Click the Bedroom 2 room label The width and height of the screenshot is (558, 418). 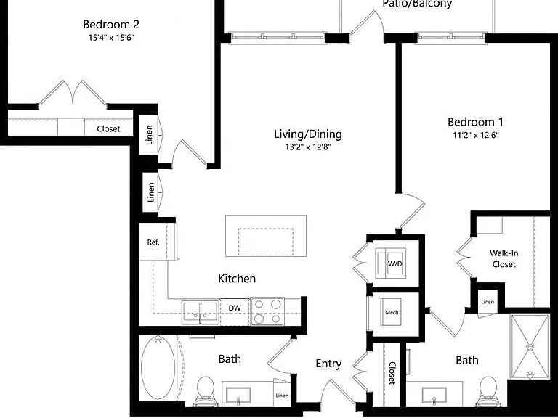(x=111, y=25)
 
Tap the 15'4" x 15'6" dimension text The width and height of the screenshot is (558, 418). (x=111, y=37)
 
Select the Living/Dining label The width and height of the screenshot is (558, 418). (x=308, y=134)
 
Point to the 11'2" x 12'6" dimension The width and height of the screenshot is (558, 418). (x=476, y=135)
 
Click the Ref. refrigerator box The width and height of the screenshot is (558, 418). (x=158, y=242)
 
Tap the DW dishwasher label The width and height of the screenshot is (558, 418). (x=235, y=308)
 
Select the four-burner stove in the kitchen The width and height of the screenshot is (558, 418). (x=267, y=311)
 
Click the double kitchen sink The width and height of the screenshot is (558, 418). (x=201, y=313)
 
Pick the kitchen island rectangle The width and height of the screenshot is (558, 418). (x=266, y=236)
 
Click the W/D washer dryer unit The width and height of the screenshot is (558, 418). (x=391, y=263)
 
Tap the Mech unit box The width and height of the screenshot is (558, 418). (x=392, y=312)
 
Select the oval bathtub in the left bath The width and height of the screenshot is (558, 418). (x=158, y=367)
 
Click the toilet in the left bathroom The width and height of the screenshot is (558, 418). (x=206, y=391)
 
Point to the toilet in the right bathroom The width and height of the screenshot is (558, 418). (x=488, y=391)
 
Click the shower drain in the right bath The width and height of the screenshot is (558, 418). (x=530, y=346)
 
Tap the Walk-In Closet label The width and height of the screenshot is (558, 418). (x=504, y=259)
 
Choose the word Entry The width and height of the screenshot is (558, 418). (x=328, y=364)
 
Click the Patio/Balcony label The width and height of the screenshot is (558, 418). (x=417, y=4)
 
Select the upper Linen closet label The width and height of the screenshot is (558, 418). (x=149, y=135)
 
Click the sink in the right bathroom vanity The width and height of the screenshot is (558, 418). (x=434, y=396)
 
